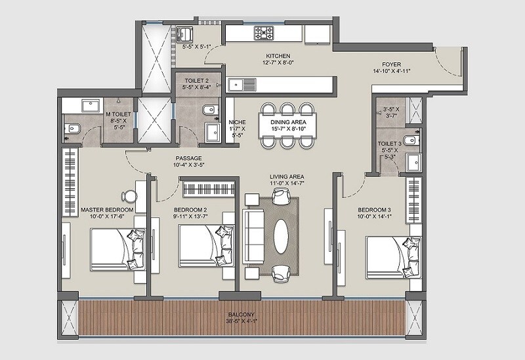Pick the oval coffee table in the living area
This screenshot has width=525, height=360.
(x=281, y=233)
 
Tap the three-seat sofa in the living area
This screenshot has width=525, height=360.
(x=252, y=233)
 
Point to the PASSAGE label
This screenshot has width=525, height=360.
(x=188, y=158)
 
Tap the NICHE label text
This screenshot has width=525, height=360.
(x=237, y=122)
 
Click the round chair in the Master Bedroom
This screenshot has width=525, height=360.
(x=129, y=196)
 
